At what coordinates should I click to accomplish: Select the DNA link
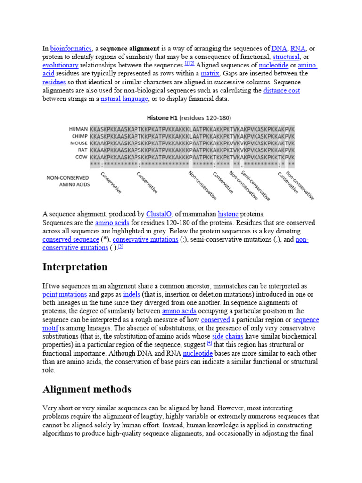tap(279, 48)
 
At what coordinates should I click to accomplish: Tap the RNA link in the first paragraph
tap(298, 48)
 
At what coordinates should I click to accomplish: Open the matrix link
tap(210, 74)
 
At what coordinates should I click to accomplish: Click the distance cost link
tap(281, 91)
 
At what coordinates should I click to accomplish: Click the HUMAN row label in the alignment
tap(78, 129)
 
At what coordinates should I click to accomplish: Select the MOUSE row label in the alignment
tap(78, 143)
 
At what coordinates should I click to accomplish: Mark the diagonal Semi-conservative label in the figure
tap(255, 185)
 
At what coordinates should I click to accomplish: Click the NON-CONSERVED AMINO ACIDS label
tap(68, 181)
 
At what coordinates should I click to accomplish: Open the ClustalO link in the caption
tap(160, 214)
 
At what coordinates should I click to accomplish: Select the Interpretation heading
tap(75, 267)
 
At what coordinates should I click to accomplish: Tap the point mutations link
tap(65, 294)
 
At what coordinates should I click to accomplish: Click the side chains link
tap(228, 337)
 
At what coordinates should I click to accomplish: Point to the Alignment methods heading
tap(87, 390)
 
